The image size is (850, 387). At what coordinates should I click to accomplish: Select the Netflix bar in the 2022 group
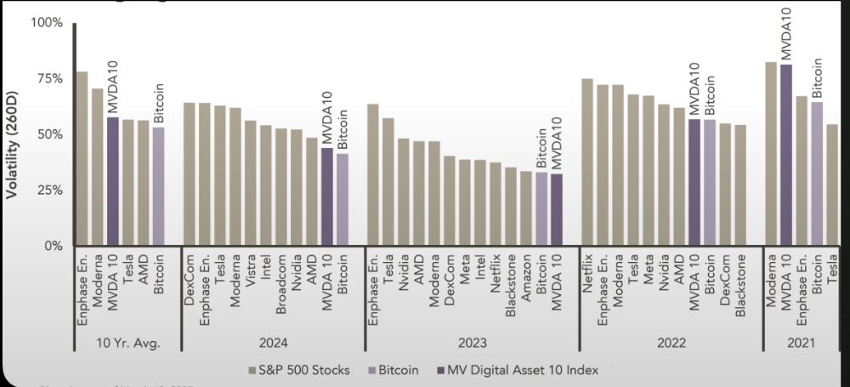pos(586,162)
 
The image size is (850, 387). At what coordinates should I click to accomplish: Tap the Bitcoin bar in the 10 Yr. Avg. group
pos(159,186)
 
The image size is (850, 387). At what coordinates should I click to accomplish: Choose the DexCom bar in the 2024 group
pos(190,174)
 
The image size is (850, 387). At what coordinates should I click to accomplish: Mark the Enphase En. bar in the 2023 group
pos(372,174)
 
